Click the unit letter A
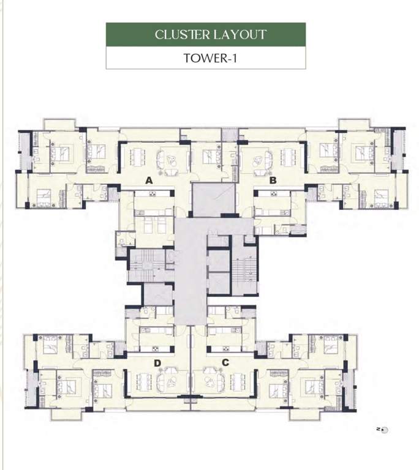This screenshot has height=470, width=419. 148,181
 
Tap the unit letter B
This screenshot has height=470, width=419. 273,181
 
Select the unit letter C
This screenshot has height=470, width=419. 225,363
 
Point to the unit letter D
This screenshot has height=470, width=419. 157,363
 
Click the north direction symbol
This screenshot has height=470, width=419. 385,430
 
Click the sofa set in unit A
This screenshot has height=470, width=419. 168,161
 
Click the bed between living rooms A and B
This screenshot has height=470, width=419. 209,157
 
